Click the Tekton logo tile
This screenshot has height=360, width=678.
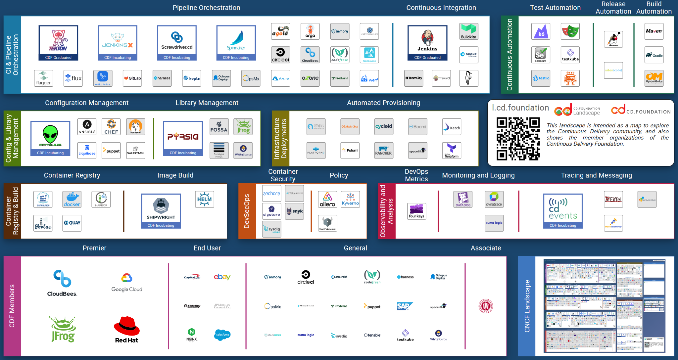point(58,43)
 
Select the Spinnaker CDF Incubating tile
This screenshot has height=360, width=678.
point(236,43)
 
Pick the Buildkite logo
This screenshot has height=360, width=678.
point(469,31)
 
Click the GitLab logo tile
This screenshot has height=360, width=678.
point(132,78)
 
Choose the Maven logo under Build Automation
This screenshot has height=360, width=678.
point(654,31)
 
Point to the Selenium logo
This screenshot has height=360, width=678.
point(541,55)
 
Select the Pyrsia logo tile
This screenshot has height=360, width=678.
point(183,138)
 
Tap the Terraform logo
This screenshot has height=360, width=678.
point(452,151)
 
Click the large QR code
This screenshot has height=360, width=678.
point(518,139)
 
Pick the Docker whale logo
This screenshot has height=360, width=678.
point(72,199)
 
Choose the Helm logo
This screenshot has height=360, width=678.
point(205,199)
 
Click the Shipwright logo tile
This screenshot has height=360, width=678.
point(161,211)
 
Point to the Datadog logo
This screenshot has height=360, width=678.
point(463,199)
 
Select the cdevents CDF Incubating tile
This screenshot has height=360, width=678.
point(563,211)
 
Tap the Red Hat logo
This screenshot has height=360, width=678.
point(127,329)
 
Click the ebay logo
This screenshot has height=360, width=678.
point(222,277)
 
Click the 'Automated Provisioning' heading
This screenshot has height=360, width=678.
point(383,103)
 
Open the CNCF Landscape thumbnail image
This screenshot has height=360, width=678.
point(604,305)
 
